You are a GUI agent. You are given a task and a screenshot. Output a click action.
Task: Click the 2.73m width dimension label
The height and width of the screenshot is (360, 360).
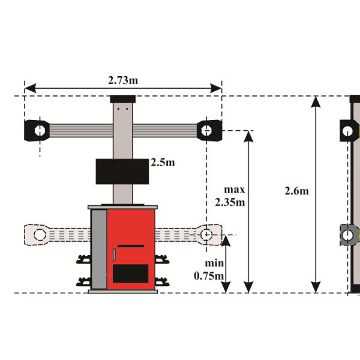[x=122, y=80]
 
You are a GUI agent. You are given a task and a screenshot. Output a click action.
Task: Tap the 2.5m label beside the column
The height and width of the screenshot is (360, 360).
[x=162, y=163]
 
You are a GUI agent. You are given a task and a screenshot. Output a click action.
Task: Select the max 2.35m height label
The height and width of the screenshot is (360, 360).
[x=230, y=196]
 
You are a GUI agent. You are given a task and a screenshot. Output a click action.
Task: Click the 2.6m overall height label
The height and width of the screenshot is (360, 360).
[x=296, y=191]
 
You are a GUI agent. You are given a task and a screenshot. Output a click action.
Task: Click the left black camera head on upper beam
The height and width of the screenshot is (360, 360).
[x=37, y=130]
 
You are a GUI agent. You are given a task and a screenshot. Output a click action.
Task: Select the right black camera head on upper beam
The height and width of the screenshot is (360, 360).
[x=209, y=129]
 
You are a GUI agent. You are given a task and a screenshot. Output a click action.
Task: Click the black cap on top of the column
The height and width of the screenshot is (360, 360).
[x=122, y=99]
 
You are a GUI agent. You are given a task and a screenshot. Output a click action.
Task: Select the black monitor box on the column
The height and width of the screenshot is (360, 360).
[x=122, y=171]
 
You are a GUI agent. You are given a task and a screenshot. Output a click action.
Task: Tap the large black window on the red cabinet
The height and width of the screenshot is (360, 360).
[x=131, y=274]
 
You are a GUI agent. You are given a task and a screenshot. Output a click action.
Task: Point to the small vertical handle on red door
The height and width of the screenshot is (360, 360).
[x=114, y=255]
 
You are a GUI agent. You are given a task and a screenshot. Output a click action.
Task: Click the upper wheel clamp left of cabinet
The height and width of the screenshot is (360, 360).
[x=83, y=260]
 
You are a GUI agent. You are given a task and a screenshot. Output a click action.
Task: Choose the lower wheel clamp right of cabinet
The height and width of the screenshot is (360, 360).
[x=162, y=281]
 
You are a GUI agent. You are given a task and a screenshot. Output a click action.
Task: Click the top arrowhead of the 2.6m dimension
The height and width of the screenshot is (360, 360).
[x=316, y=101]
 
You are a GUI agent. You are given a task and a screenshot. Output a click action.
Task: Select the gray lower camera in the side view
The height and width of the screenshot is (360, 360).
[x=349, y=235]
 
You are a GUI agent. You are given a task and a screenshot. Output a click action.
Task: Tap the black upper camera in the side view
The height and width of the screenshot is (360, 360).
[x=349, y=130]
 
